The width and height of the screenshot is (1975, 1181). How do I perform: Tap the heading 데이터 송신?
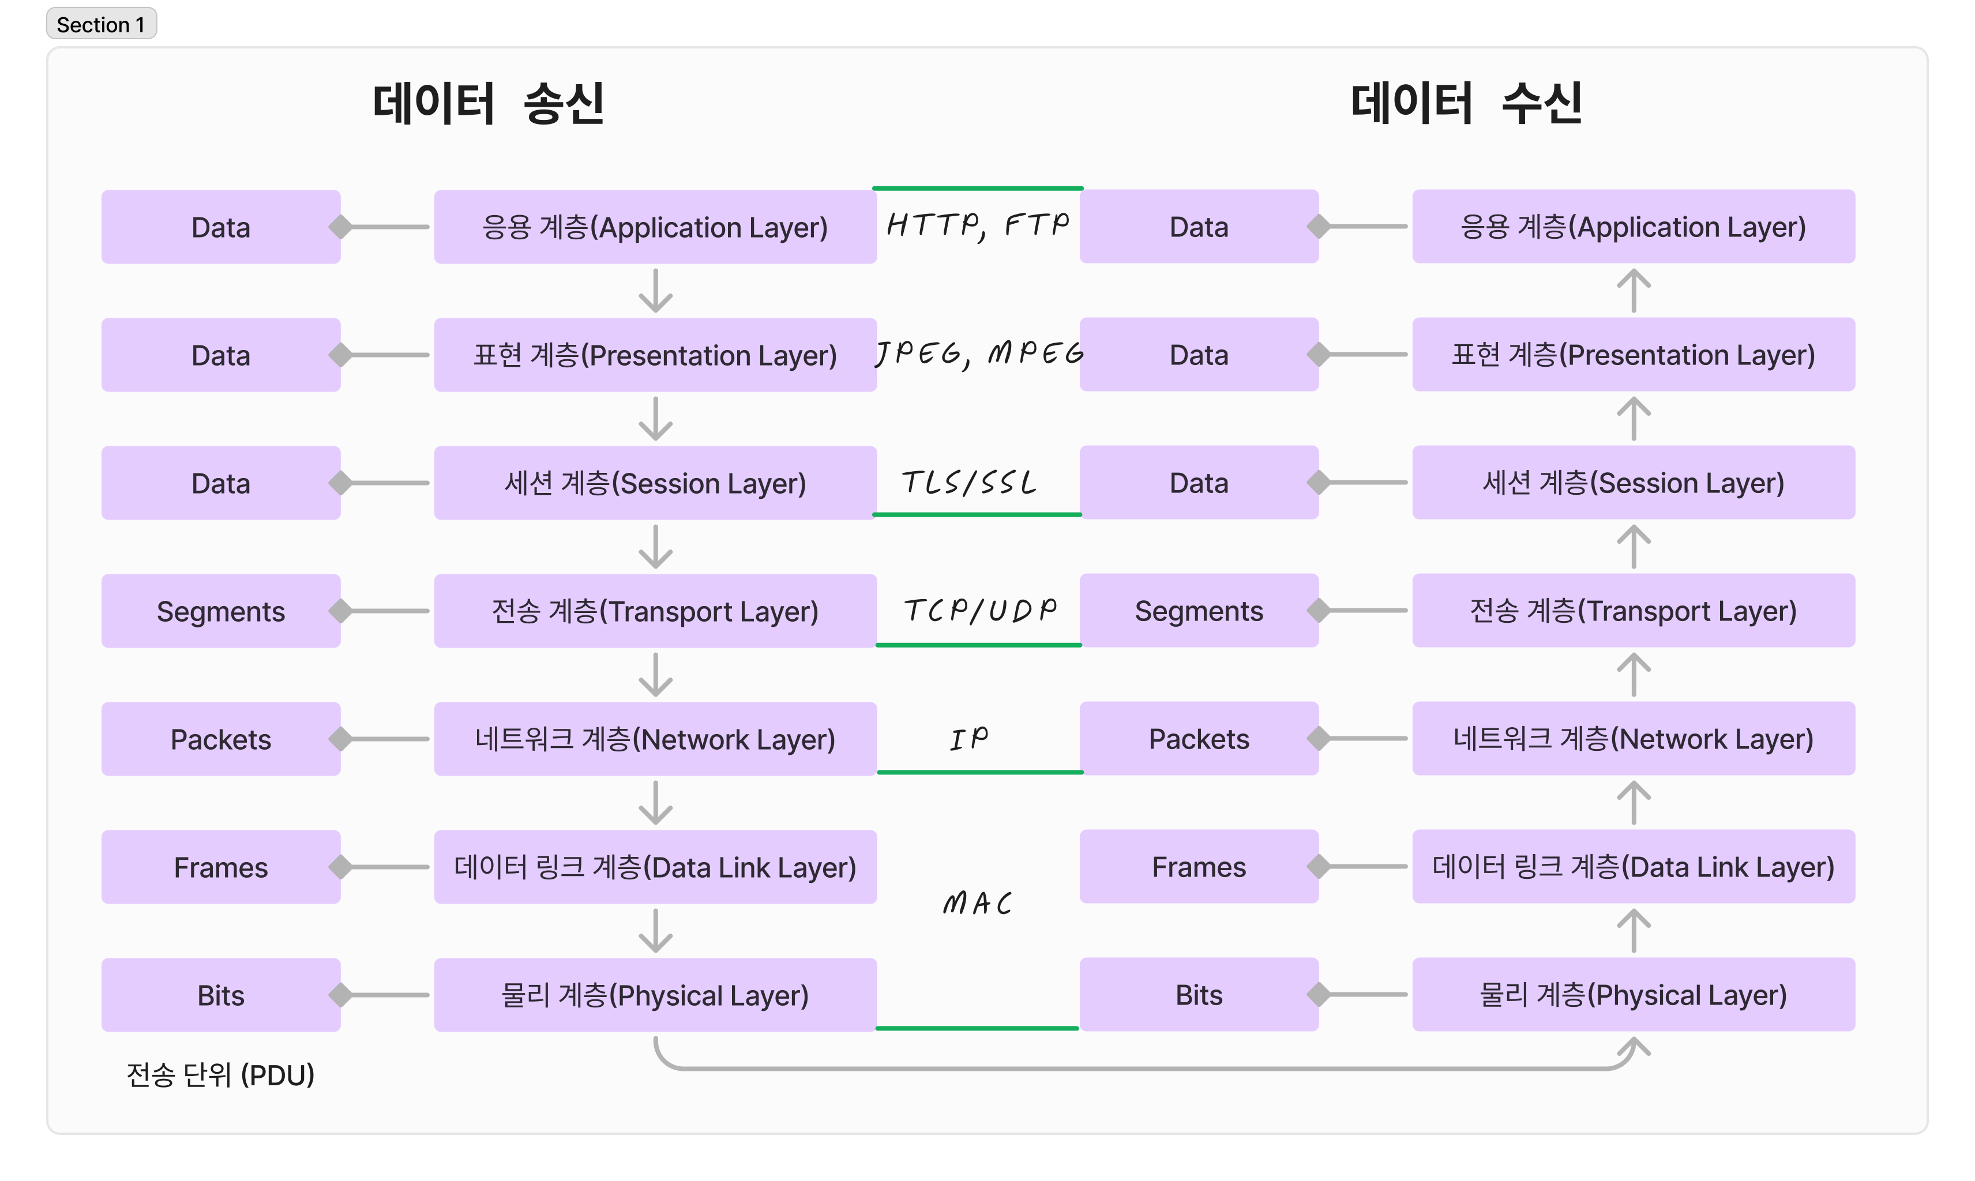click(488, 103)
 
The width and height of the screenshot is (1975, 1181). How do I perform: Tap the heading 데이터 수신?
click(1466, 103)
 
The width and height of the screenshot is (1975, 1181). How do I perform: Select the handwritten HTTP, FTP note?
click(978, 225)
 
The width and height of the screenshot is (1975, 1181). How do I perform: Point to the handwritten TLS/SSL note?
click(969, 482)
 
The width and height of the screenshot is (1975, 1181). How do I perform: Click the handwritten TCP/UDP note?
click(980, 611)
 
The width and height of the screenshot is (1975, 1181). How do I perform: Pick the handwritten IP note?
click(969, 739)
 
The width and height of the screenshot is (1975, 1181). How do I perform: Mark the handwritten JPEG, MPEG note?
click(979, 353)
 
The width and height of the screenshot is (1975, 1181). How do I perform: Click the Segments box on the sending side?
click(220, 611)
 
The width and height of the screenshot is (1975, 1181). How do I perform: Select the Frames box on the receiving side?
click(1198, 867)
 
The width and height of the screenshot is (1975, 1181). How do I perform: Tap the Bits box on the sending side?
click(220, 995)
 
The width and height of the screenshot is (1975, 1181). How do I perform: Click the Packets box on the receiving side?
click(1198, 739)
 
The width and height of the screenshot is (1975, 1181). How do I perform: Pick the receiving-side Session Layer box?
click(1633, 483)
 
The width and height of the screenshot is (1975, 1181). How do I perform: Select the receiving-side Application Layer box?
click(1633, 227)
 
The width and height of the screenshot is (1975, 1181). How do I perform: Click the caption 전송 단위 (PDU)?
click(220, 1075)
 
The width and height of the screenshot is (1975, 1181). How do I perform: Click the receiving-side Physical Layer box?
click(1633, 995)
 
